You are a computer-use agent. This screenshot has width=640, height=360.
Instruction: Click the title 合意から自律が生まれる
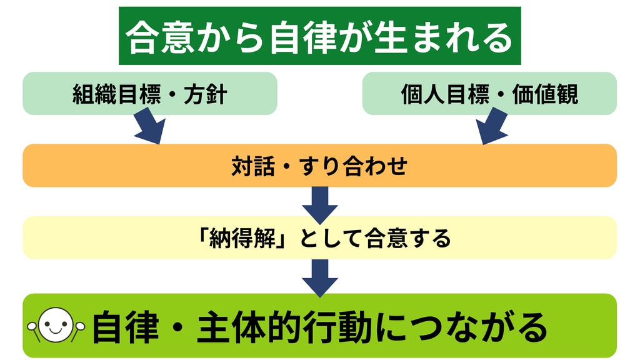coord(319,37)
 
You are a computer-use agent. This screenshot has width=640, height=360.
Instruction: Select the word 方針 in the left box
coord(205,94)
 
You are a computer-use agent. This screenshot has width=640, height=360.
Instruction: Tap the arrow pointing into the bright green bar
coord(319,277)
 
